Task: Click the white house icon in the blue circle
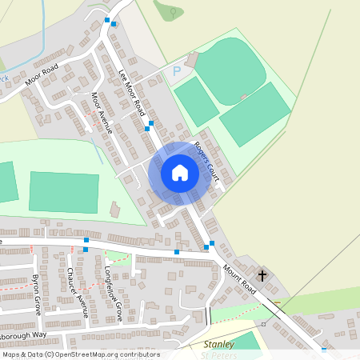(180, 173)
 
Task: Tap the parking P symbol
(177, 72)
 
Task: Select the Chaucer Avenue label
(77, 292)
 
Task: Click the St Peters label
(221, 354)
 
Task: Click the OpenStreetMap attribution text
(80, 354)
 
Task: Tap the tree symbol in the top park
(170, 11)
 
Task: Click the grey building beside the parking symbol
(191, 60)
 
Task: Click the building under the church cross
(264, 280)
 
